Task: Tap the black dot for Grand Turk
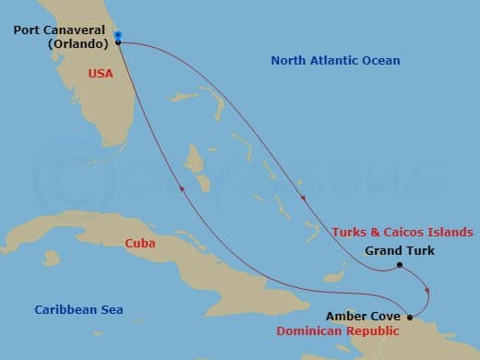click(400, 266)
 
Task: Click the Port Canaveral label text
click(60, 30)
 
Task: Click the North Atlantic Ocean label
click(335, 61)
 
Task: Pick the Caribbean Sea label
click(78, 310)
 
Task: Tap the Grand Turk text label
click(399, 250)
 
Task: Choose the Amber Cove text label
click(362, 316)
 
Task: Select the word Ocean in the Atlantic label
click(381, 61)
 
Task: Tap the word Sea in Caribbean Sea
click(111, 310)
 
